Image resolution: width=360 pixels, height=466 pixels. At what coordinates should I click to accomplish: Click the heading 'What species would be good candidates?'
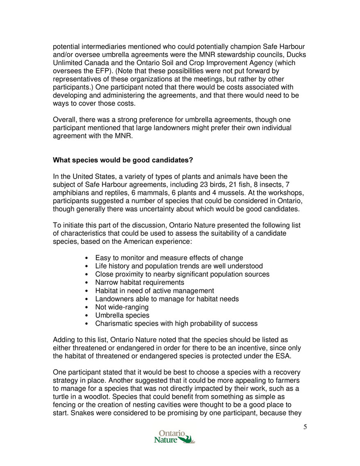click(123, 160)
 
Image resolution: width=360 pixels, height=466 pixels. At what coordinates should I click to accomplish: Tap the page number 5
click(305, 427)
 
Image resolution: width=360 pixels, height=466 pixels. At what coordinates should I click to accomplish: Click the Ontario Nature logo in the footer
click(174, 436)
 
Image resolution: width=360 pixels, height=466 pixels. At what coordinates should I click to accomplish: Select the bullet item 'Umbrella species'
click(122, 315)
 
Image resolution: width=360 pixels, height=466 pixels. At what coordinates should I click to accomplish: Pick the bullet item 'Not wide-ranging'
click(122, 307)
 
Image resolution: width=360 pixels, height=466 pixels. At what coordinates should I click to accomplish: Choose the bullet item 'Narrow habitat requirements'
click(140, 282)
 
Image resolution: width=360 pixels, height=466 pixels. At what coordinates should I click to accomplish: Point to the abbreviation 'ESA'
click(282, 356)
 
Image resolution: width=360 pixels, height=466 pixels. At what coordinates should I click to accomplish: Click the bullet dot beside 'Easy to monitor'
click(84, 258)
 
